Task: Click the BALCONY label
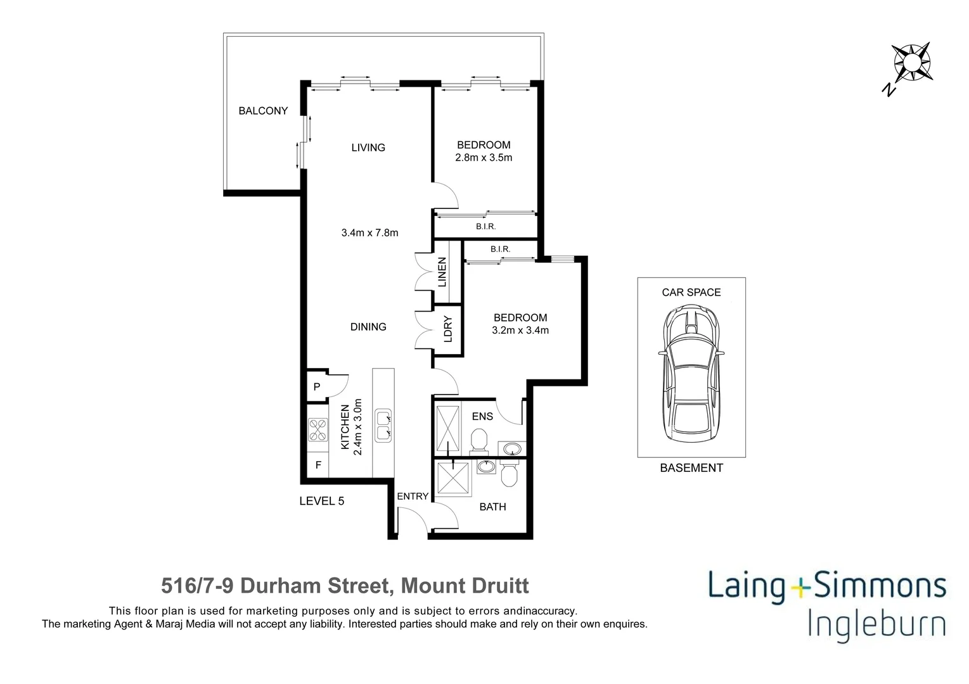click(x=263, y=111)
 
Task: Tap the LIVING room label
click(x=368, y=148)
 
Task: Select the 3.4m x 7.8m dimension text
click(x=369, y=233)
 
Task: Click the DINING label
click(x=368, y=327)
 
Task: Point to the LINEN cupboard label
click(x=442, y=272)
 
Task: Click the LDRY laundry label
click(x=447, y=329)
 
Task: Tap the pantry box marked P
click(x=316, y=386)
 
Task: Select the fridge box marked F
click(x=318, y=465)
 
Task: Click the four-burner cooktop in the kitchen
click(x=318, y=430)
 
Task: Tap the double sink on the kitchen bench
click(x=383, y=426)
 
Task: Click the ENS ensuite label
click(x=482, y=417)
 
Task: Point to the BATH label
click(x=492, y=507)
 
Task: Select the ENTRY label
click(x=413, y=497)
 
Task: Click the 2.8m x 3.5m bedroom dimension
click(x=484, y=158)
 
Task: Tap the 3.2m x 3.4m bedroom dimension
click(x=520, y=330)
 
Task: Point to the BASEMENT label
click(x=691, y=468)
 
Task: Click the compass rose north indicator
click(x=911, y=63)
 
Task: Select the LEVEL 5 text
click(x=322, y=501)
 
